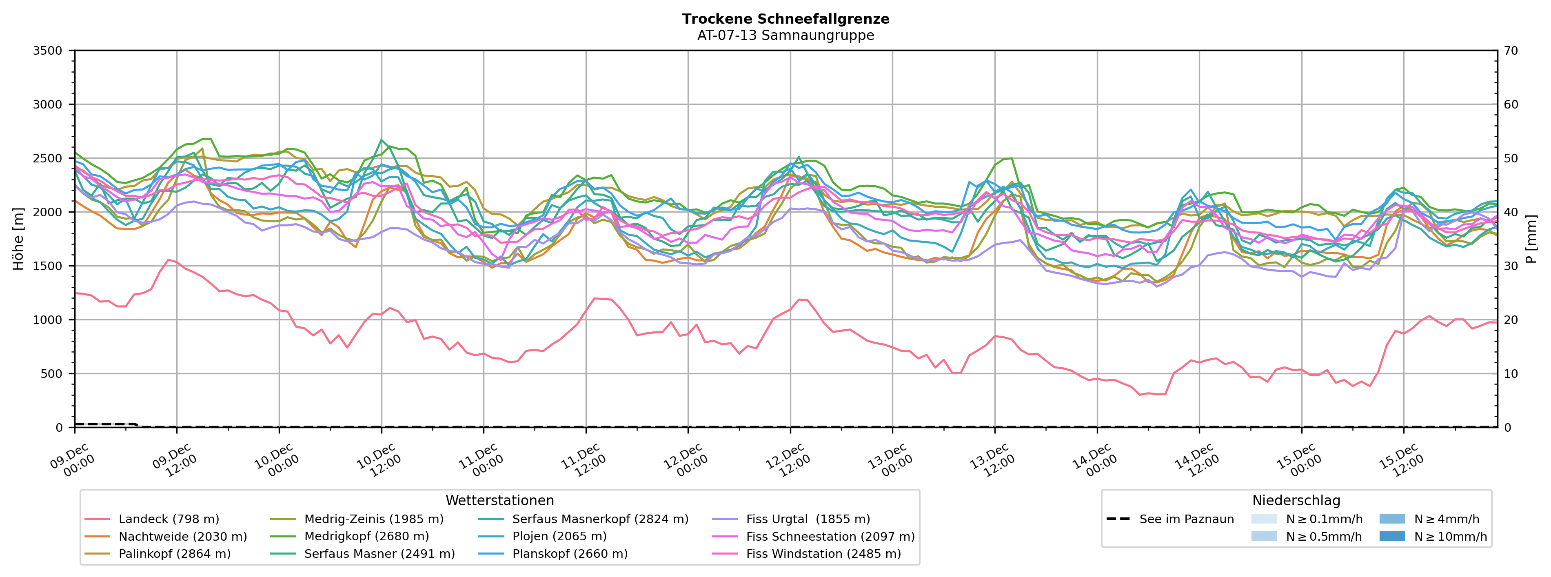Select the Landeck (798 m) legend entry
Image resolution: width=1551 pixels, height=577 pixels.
[x=169, y=519]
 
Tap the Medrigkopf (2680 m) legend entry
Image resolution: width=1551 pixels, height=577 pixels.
[x=366, y=537]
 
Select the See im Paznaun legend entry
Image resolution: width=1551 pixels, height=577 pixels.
[x=1186, y=519]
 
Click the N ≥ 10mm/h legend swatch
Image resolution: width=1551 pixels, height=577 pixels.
[x=1392, y=536]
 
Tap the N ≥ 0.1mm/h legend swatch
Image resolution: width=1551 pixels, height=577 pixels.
[x=1264, y=519]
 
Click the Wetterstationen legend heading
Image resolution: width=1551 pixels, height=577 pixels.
[x=500, y=501]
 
